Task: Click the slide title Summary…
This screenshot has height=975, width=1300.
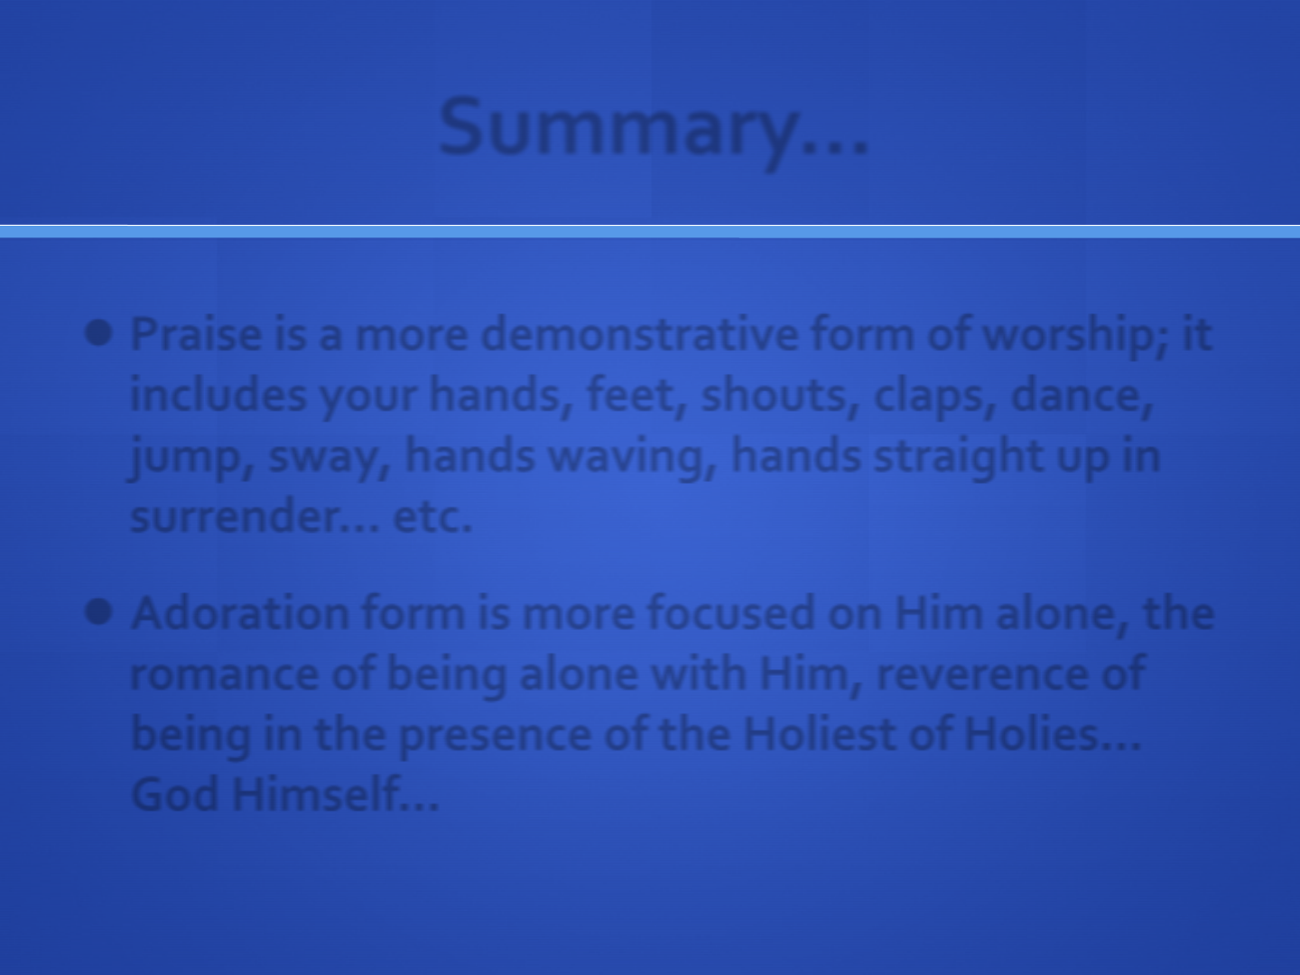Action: [654, 130]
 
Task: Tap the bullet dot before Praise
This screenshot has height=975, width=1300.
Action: [98, 333]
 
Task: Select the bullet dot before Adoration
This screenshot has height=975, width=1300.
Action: [98, 611]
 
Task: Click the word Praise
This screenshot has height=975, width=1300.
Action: [195, 334]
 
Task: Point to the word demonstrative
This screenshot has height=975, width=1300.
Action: [639, 334]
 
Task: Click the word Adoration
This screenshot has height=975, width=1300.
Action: [240, 613]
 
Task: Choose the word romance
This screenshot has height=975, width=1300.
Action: [225, 675]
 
